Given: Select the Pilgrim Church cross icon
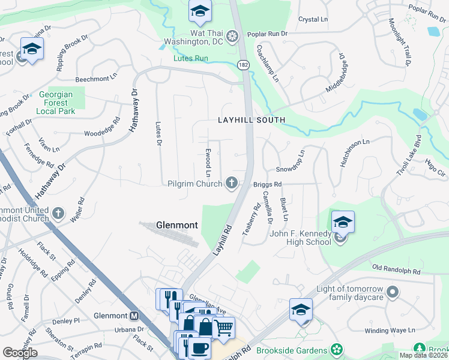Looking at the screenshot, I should [x=231, y=183].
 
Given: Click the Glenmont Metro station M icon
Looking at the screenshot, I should [x=134, y=316].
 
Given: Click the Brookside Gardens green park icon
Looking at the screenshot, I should [x=338, y=350].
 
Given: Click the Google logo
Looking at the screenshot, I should [x=20, y=353].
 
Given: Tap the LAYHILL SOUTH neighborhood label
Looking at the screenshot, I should [x=251, y=121].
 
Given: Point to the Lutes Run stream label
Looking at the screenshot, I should [x=190, y=59].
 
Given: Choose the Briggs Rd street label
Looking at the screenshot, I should [x=267, y=184].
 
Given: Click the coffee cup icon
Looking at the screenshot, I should [x=199, y=348].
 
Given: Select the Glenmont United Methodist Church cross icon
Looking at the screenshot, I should [x=58, y=213].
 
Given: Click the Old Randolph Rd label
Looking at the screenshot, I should [x=396, y=272].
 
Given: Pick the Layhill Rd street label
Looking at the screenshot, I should [x=220, y=238].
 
